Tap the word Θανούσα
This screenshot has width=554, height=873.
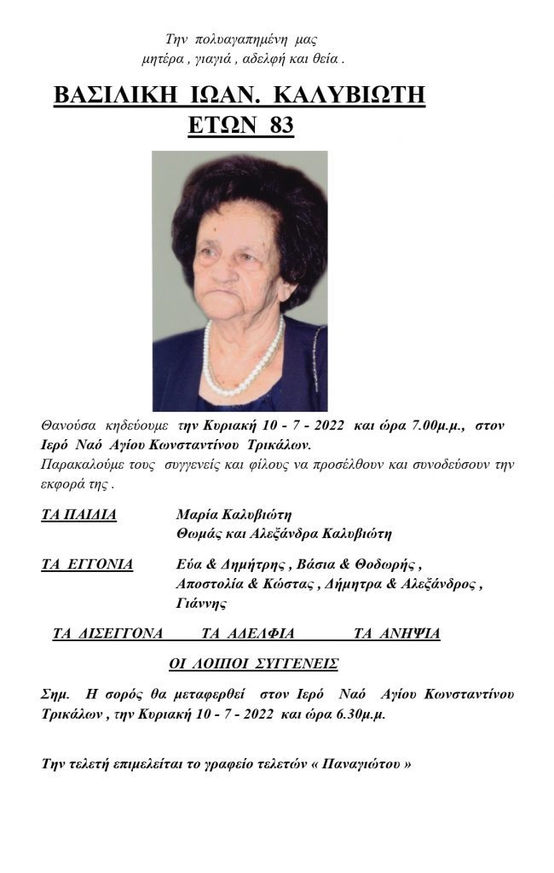pyautogui.click(x=69, y=425)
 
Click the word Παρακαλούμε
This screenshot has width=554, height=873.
pyautogui.click(x=81, y=465)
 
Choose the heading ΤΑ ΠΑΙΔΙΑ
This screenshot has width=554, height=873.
pyautogui.click(x=78, y=514)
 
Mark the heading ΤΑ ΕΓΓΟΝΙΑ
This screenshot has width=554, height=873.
pyautogui.click(x=87, y=564)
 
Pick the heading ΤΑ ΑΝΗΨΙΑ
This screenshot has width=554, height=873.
pyautogui.click(x=397, y=633)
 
